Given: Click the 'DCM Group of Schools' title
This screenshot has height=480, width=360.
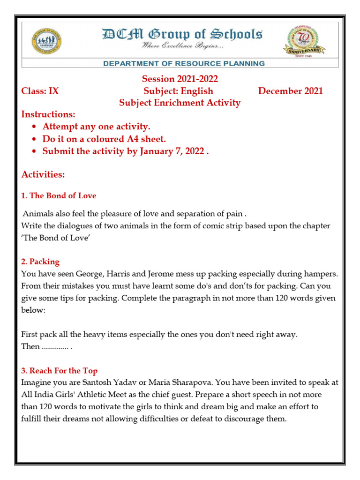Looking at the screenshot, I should pos(182,34).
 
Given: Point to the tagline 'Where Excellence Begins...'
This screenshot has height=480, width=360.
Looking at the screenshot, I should pos(183,47).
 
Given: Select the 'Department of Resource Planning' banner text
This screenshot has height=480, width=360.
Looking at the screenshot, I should pos(184,63).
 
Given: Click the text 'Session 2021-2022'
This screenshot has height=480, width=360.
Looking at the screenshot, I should pos(180,79).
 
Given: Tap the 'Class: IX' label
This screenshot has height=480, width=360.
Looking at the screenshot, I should pos(40,91).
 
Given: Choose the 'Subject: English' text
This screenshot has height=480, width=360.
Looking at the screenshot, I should pos(179,91).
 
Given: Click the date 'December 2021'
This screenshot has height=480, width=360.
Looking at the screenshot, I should pos(291,91).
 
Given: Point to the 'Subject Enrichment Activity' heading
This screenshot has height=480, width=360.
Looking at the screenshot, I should pos(180,103).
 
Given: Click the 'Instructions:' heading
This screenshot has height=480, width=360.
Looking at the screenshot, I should pos(48,115).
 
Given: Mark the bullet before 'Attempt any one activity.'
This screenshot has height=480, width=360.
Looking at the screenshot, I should pos(34,127).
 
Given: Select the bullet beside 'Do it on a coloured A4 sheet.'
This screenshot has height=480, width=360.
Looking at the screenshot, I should pos(34,139).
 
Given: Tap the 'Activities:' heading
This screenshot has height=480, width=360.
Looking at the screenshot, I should pos(43,174).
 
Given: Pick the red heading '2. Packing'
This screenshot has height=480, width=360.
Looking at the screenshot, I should pos(40,261).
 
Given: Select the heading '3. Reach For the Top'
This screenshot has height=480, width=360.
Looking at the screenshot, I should pos(60,371).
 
